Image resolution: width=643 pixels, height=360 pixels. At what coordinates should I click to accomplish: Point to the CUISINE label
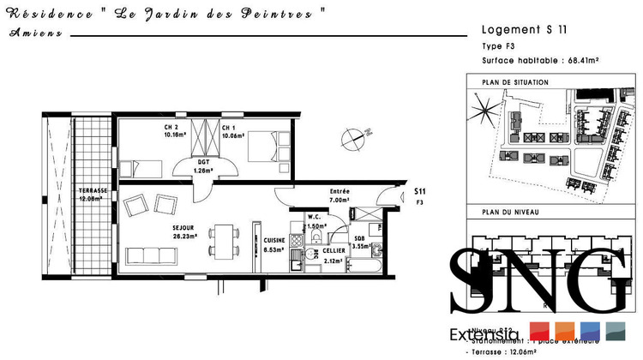(x=274, y=241)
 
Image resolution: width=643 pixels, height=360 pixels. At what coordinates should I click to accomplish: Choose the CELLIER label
(x=334, y=250)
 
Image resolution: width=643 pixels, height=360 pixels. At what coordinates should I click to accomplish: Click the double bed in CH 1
(x=266, y=146)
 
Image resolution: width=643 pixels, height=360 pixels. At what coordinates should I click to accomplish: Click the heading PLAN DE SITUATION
(x=515, y=82)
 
